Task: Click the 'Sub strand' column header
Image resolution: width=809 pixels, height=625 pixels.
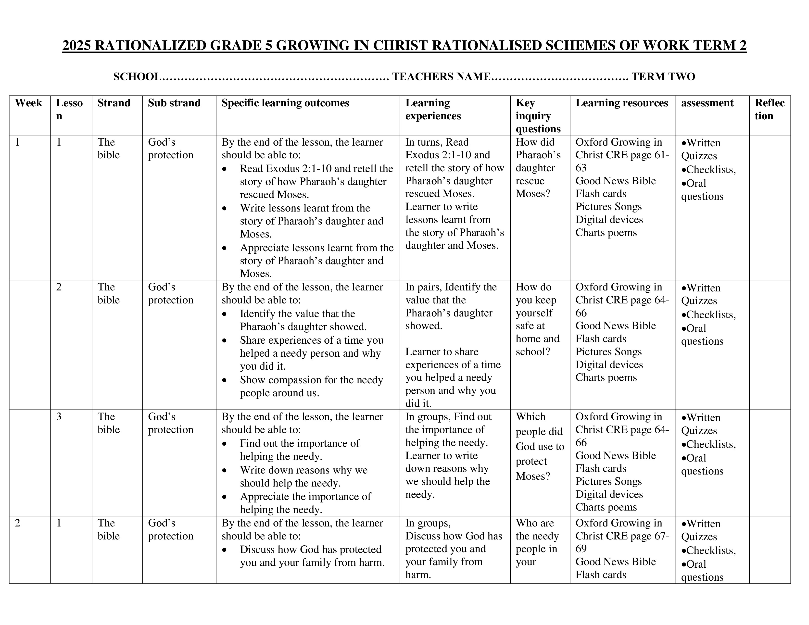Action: click(174, 103)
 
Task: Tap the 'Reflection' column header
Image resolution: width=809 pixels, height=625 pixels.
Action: click(769, 109)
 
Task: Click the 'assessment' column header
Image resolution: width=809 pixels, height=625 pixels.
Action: click(707, 103)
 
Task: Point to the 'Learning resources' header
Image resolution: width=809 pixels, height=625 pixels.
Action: click(621, 103)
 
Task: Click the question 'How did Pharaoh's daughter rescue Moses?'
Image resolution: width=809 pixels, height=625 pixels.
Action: click(538, 168)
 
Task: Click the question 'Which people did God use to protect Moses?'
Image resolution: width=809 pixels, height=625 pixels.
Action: click(539, 446)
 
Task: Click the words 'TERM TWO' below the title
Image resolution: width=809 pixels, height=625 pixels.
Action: click(663, 77)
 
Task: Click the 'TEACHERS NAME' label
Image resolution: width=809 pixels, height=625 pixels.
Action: click(442, 77)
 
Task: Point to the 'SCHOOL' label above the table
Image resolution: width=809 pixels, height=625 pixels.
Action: click(137, 77)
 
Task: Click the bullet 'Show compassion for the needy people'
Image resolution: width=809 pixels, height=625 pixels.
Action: click(311, 386)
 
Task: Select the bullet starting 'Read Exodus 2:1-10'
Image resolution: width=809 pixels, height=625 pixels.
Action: click(316, 181)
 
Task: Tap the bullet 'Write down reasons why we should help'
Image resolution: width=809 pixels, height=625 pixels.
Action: click(303, 476)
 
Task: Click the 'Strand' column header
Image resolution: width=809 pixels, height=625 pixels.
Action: click(114, 103)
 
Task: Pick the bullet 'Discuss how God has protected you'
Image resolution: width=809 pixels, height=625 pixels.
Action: click(312, 556)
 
